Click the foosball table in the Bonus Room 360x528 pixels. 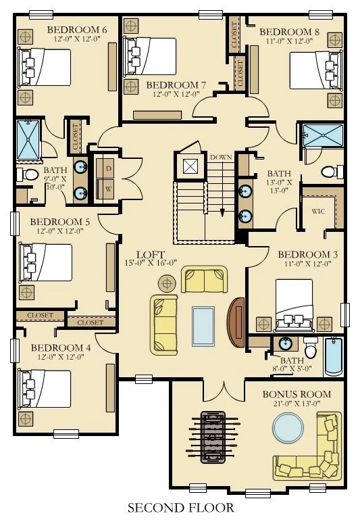tap(213, 437)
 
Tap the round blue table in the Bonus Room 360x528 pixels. tap(288, 428)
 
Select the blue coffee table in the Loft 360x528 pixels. tap(203, 327)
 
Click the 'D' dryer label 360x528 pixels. tap(109, 168)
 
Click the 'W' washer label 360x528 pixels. tap(108, 189)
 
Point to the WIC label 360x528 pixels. tap(318, 212)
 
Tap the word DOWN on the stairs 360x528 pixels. tap(221, 157)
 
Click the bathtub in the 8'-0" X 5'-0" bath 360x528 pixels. tap(334, 357)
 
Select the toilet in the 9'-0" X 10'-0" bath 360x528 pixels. tap(28, 174)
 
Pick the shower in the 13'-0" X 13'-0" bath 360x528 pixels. tap(323, 135)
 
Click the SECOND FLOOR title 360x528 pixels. tap(180, 508)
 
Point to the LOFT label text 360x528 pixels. tap(151, 255)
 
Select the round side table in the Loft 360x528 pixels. tap(167, 283)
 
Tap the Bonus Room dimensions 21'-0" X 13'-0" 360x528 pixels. tap(297, 404)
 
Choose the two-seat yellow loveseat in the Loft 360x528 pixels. tap(204, 279)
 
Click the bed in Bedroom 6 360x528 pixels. tap(45, 67)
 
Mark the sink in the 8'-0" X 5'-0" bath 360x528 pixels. tap(285, 344)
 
